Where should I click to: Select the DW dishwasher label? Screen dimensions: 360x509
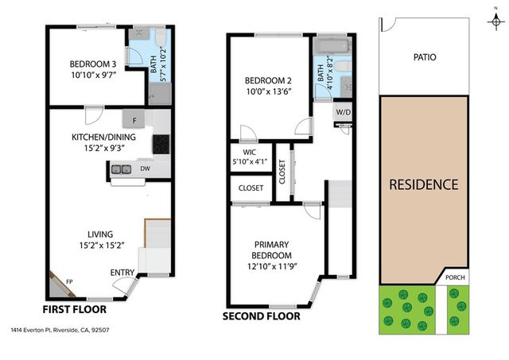pos(146,168)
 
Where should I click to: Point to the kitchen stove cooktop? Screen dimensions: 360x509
pos(161,144)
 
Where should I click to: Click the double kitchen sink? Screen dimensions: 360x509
pos(122,168)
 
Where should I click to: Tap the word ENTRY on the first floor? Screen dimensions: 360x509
pos(122,273)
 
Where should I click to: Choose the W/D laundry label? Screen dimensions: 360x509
pos(344,113)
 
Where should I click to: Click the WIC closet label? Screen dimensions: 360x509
pos(243,152)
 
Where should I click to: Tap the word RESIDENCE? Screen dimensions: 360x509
pos(423,185)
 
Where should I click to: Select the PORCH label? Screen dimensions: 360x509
pos(455,277)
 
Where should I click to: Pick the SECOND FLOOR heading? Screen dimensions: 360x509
pos(262,315)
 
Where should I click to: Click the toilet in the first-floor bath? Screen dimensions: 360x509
pos(160,39)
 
